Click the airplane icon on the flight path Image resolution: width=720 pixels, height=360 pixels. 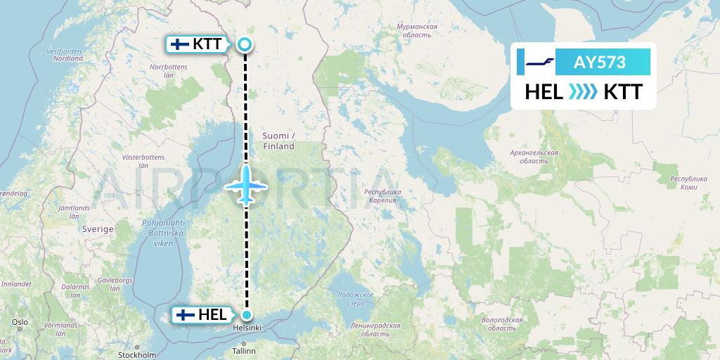click(x=246, y=184)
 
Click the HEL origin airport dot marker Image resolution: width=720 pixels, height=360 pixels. click(x=246, y=314)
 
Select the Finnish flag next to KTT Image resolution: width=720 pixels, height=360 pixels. click(x=180, y=44)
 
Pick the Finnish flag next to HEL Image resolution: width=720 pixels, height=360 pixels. click(x=186, y=314)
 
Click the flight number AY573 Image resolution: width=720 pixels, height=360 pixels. click(x=599, y=63)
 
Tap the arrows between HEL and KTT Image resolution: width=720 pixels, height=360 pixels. click(x=583, y=91)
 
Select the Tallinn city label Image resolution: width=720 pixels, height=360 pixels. click(x=245, y=350)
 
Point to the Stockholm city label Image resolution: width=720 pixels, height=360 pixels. click(x=136, y=355)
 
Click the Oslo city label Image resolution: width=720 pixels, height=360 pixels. click(x=19, y=322)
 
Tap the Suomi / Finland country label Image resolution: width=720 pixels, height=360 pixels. click(x=279, y=141)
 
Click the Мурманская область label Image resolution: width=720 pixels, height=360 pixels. click(x=417, y=31)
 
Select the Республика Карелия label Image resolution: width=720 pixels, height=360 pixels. click(x=382, y=196)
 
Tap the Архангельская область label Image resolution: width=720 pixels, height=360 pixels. click(x=534, y=157)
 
